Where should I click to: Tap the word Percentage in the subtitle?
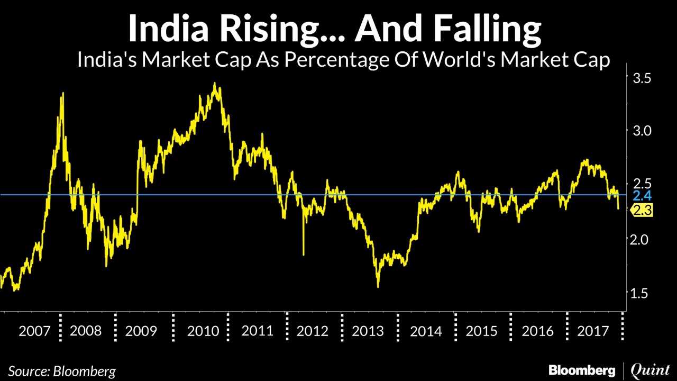340,59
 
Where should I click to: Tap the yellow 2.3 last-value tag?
642,211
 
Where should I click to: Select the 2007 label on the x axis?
35,331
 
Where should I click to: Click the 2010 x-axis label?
203,331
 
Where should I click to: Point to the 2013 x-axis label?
368,331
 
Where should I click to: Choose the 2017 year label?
593,331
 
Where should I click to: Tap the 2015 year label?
482,331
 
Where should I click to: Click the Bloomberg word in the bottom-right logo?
582,370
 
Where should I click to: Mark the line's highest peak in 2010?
214,83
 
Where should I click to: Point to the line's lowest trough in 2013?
378,287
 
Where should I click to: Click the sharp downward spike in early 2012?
304,255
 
